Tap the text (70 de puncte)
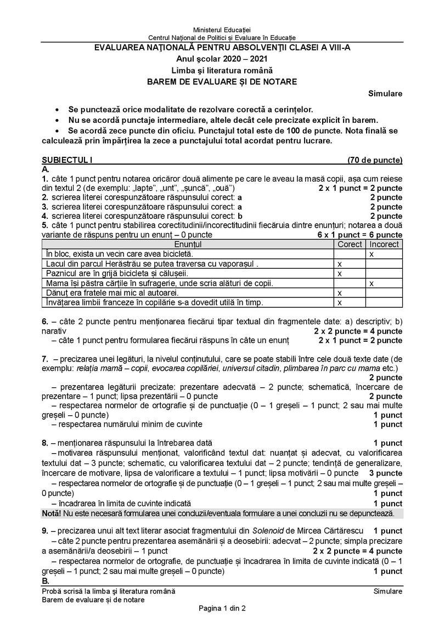pyautogui.click(x=375, y=160)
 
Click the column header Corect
pyautogui.click(x=350, y=244)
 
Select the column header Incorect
pyautogui.click(x=384, y=244)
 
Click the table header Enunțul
pyautogui.click(x=188, y=244)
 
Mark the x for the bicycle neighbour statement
pyautogui.click(x=372, y=254)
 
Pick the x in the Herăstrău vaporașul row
pyautogui.click(x=339, y=264)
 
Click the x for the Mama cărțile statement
pyautogui.click(x=372, y=283)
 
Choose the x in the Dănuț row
pyautogui.click(x=339, y=293)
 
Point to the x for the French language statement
pyautogui.click(x=339, y=302)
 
